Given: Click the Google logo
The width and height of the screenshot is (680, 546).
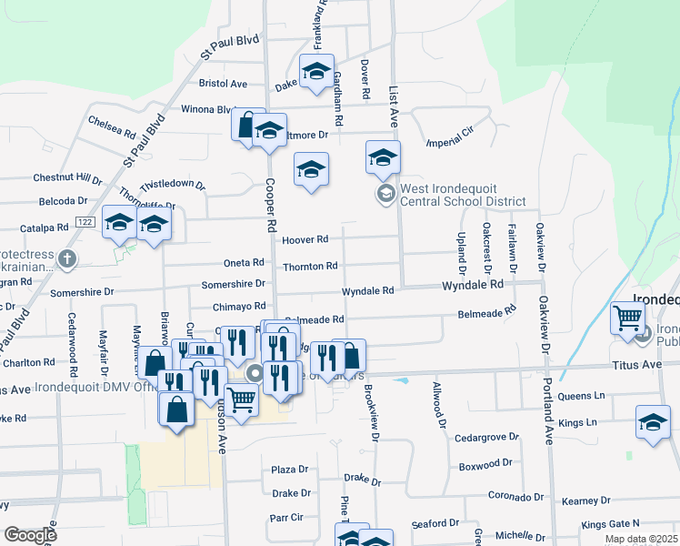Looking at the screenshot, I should tap(31, 535).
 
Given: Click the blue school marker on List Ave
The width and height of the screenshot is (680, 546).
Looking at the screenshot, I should tap(384, 158).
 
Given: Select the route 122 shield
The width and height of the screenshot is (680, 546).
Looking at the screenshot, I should tap(85, 222).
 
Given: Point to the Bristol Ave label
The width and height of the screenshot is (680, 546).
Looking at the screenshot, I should tap(223, 84).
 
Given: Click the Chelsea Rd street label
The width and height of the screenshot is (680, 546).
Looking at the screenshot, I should tap(113, 120).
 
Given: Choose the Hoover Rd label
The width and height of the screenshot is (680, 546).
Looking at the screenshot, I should tap(305, 240).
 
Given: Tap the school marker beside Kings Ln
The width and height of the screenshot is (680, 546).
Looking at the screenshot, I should tap(653, 422).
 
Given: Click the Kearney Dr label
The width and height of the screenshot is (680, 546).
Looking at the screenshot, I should tap(585, 501).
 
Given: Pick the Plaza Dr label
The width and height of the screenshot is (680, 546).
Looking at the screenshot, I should tap(290, 470).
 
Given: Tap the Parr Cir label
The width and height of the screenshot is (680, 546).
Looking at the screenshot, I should tap(285, 518).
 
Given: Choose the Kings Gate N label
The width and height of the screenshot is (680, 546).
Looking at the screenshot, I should tap(611, 523).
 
